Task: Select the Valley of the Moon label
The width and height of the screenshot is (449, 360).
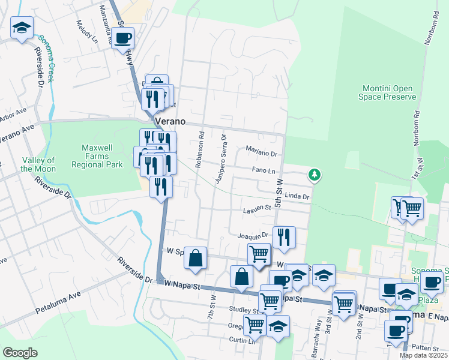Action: point(38,164)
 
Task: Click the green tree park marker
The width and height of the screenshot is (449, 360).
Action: point(313,175)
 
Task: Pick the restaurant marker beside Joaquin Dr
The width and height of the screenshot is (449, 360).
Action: point(284,237)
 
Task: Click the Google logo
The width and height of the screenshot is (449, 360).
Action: point(20,353)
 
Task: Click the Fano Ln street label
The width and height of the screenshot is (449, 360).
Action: point(263,170)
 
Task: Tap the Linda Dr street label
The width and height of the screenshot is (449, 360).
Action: point(297,196)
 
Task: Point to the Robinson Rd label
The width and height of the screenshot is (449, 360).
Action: point(201,154)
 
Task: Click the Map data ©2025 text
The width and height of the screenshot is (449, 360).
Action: point(423,355)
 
